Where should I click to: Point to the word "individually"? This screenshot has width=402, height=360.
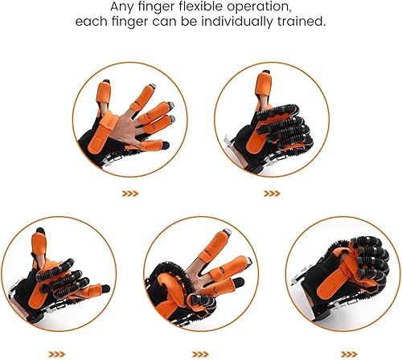(x=246, y=22)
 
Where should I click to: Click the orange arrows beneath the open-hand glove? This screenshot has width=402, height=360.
(x=129, y=193)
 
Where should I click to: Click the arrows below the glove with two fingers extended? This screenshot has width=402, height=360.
(x=201, y=353)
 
